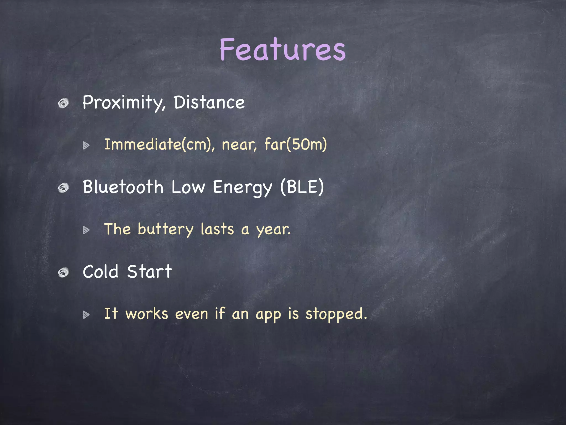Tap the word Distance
click(209, 102)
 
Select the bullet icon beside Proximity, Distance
click(63, 103)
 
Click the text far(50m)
click(295, 144)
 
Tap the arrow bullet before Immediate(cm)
click(86, 145)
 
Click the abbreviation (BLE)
click(302, 187)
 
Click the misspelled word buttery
click(166, 230)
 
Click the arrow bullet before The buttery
click(86, 230)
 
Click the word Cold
click(101, 272)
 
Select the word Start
click(149, 272)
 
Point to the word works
click(147, 314)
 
